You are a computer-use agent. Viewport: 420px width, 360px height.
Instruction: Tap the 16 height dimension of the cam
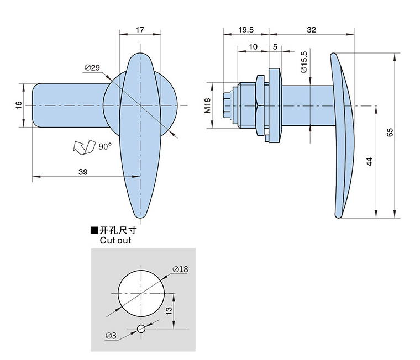[18, 104]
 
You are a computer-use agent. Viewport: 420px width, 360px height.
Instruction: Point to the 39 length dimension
[83, 172]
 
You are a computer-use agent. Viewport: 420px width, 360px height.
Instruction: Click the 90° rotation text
[105, 146]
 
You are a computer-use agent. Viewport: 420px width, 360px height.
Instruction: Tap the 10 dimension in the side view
[254, 47]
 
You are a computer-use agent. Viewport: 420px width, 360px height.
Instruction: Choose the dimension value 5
[275, 47]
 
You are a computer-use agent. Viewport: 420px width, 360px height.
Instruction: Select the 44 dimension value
[369, 161]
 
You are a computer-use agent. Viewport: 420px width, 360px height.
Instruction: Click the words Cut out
[116, 240]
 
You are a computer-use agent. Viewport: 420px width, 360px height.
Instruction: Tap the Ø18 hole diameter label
[180, 269]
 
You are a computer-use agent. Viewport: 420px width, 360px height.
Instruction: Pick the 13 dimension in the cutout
[169, 311]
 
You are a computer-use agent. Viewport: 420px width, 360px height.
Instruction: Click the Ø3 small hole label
[111, 335]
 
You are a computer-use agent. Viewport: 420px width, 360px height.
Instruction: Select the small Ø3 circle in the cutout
[141, 329]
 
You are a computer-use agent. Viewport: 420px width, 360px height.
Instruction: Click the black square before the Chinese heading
[94, 230]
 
